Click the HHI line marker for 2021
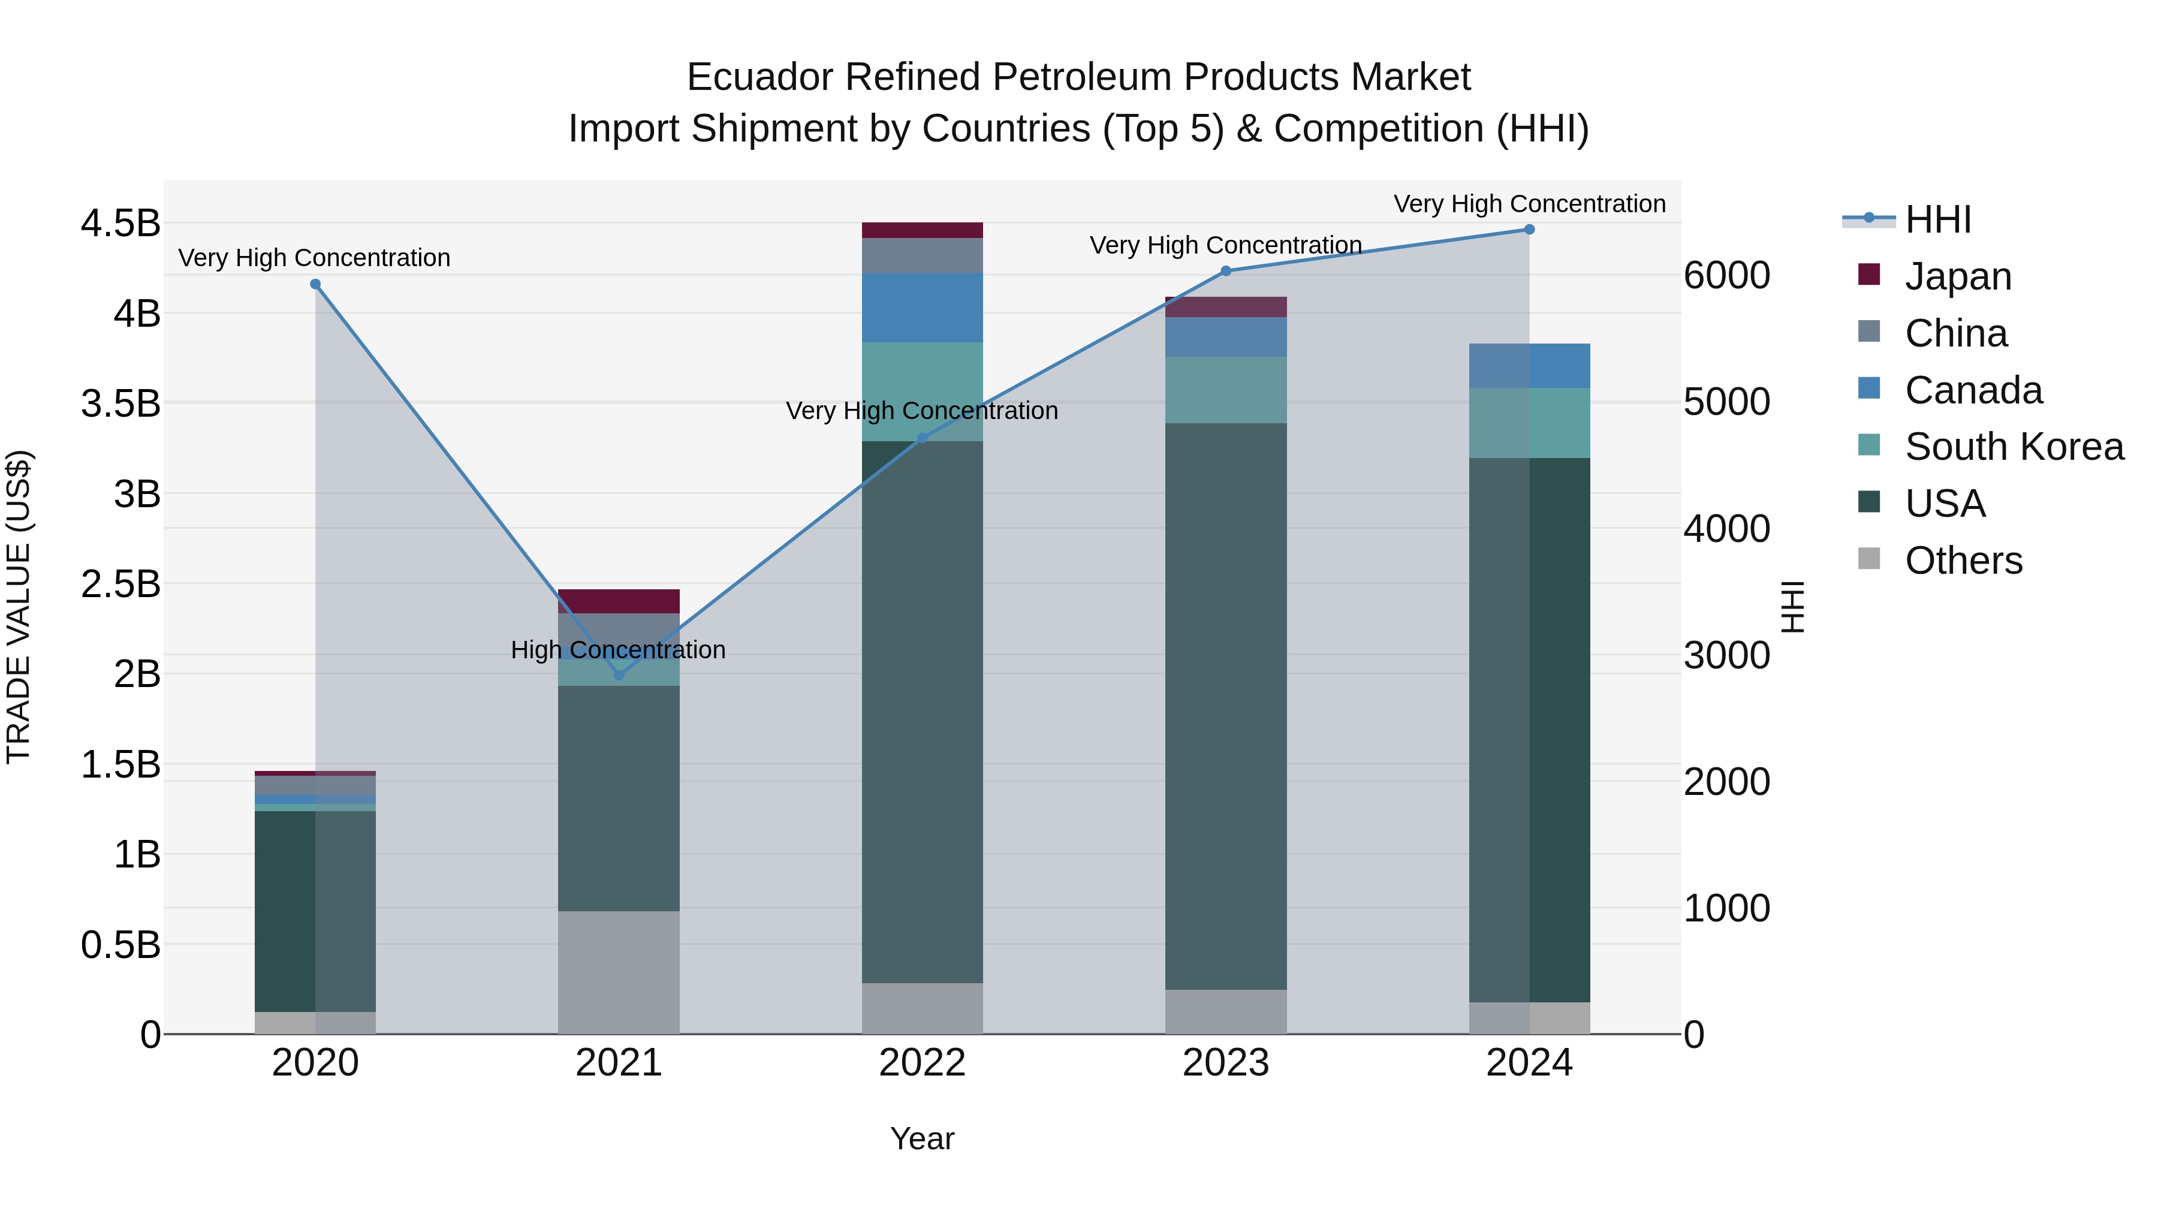point(619,675)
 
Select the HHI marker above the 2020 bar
point(316,284)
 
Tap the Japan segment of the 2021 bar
point(619,601)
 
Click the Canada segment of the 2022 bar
point(923,308)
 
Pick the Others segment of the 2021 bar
point(619,972)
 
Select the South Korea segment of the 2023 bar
point(1226,390)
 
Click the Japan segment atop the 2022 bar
point(923,230)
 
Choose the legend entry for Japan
point(1957,276)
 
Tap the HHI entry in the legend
point(1937,219)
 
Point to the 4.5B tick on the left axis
point(120,224)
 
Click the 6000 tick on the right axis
point(1726,276)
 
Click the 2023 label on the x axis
point(1226,1063)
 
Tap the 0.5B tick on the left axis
point(120,945)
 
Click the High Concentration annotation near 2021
point(618,650)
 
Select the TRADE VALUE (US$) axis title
point(19,607)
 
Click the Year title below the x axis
point(923,1138)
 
